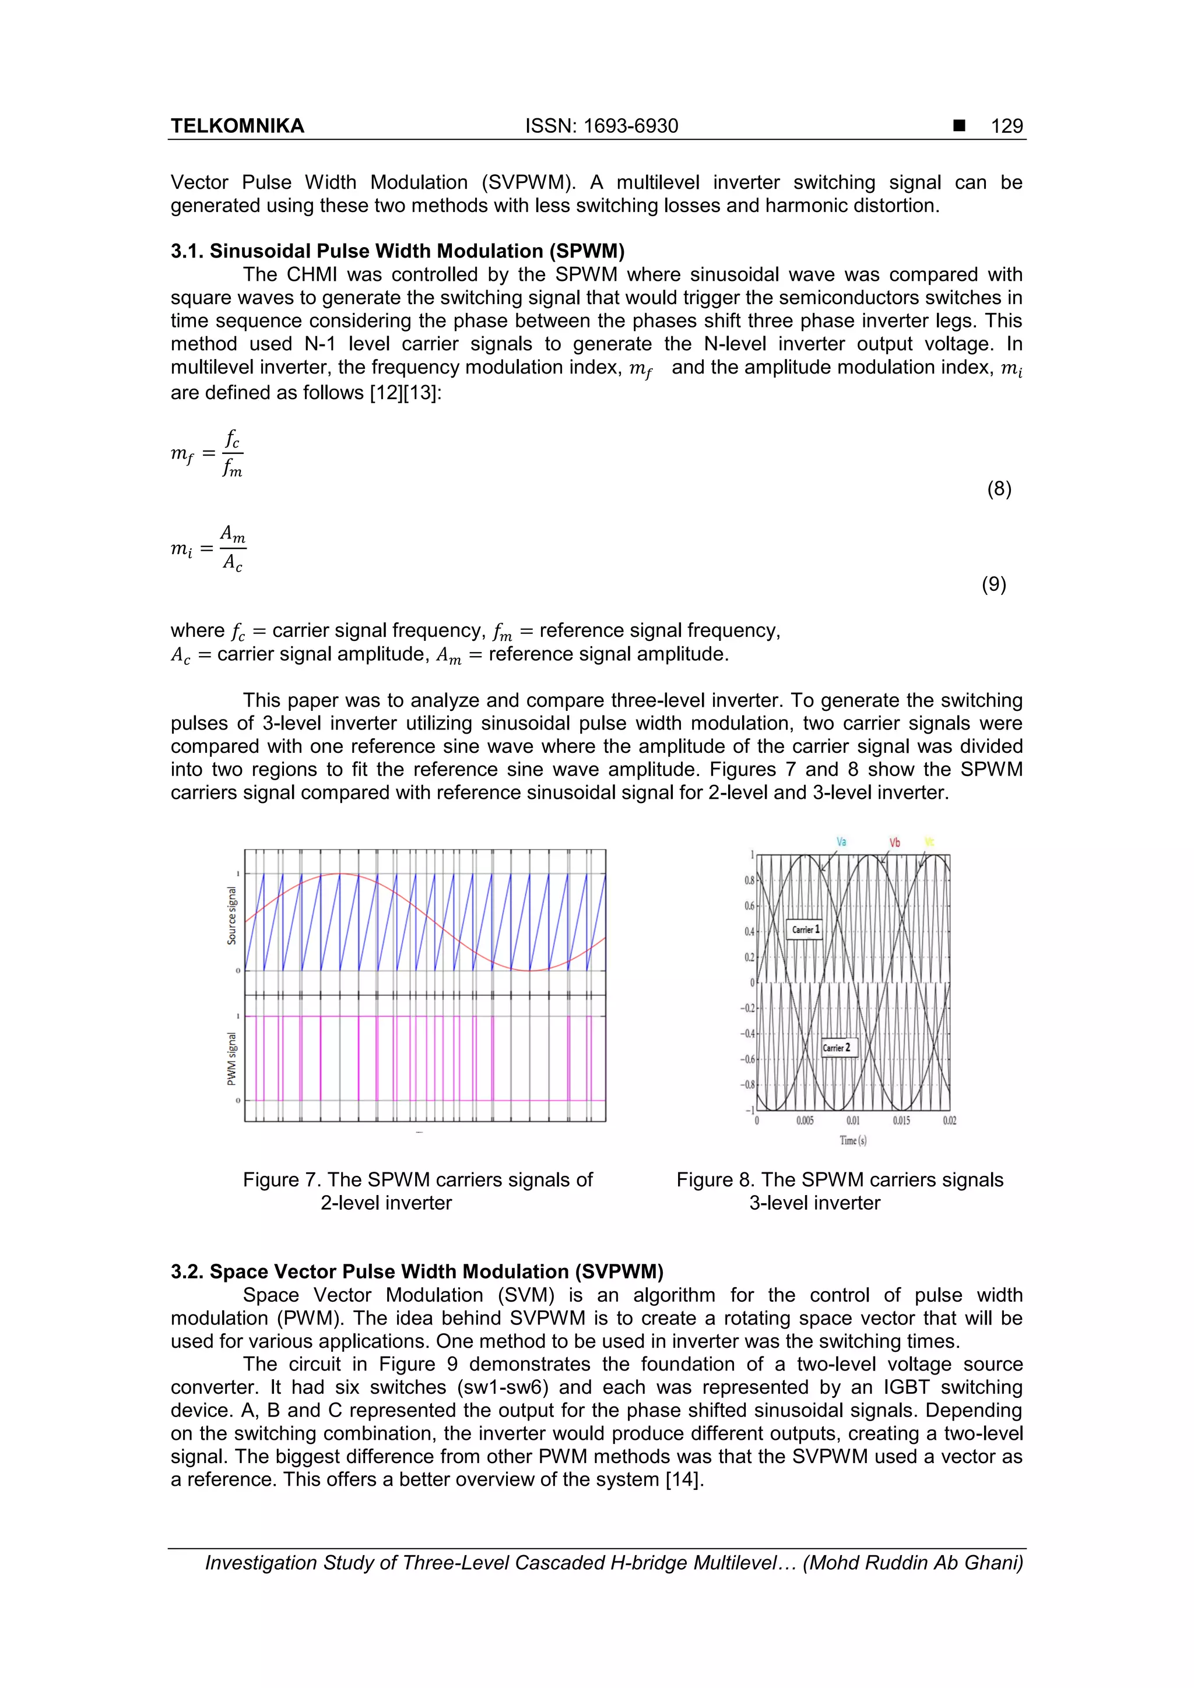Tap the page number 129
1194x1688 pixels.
click(1006, 126)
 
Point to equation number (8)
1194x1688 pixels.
click(998, 489)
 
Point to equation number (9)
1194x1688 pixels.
click(993, 584)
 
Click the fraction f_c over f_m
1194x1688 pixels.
click(231, 454)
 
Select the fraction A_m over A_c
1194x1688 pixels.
click(233, 548)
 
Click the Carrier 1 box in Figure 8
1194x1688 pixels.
click(806, 929)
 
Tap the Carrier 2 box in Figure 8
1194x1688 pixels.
click(837, 1048)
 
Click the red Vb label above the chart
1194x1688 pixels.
click(894, 843)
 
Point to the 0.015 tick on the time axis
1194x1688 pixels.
click(901, 1120)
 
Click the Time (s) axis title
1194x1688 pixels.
click(852, 1140)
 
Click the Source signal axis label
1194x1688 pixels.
click(231, 915)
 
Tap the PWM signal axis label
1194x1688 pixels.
click(231, 1059)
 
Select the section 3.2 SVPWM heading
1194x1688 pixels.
click(416, 1271)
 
